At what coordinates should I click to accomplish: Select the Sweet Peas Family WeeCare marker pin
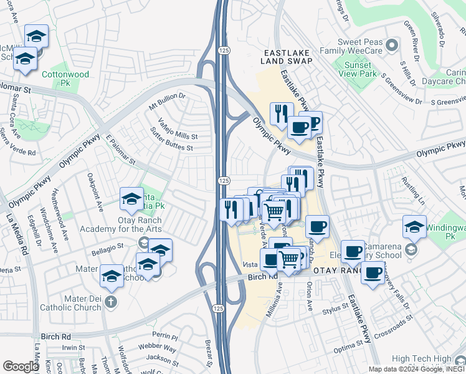tap(392, 45)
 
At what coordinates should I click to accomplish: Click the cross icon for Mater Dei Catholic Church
tap(110, 302)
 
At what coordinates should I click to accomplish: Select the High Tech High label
tap(424, 359)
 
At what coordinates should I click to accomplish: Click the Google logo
tap(21, 367)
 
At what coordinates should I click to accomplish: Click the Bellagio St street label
tap(105, 249)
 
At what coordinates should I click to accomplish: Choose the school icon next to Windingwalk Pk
tap(414, 227)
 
